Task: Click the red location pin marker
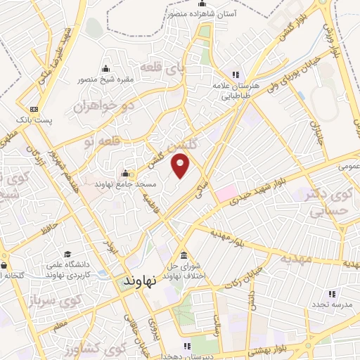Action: (x=181, y=165)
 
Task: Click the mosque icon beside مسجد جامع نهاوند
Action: (x=126, y=174)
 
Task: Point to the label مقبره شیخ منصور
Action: (x=105, y=79)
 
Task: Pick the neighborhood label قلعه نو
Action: (x=99, y=141)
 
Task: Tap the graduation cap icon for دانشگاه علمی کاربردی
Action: (x=67, y=255)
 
